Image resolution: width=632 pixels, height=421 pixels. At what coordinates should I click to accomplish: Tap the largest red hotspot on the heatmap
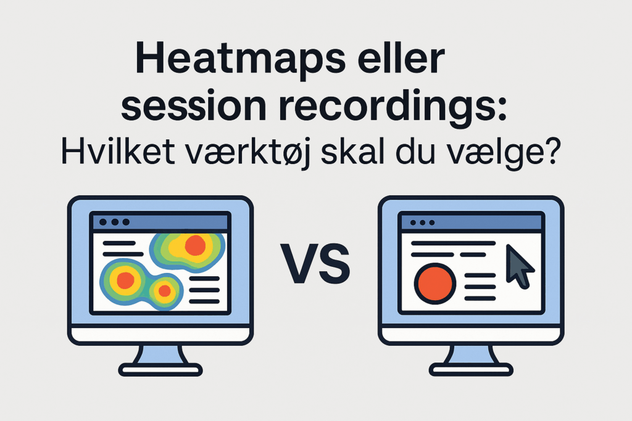(195, 245)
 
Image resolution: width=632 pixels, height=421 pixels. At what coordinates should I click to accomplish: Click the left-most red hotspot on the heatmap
(125, 280)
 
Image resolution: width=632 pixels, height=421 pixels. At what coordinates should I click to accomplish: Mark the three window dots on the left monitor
(114, 222)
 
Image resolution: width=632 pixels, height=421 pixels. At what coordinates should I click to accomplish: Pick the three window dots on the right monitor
(423, 222)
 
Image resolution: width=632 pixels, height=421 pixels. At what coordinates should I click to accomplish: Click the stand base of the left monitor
(160, 370)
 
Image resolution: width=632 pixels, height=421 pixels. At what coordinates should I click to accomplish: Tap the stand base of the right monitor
(470, 370)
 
